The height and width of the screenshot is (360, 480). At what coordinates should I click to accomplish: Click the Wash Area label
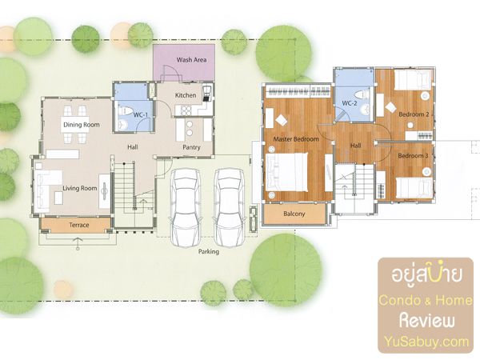pyautogui.click(x=192, y=60)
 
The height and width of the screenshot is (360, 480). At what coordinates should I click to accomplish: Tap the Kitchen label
pyautogui.click(x=186, y=95)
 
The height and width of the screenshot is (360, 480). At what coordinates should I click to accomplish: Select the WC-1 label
pyautogui.click(x=141, y=115)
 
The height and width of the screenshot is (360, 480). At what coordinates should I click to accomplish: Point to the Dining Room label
pyautogui.click(x=82, y=125)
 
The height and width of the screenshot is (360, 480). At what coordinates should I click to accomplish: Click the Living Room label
pyautogui.click(x=79, y=188)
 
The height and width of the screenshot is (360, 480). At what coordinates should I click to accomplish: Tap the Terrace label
pyautogui.click(x=79, y=225)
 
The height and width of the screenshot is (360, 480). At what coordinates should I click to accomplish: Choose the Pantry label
pyautogui.click(x=191, y=147)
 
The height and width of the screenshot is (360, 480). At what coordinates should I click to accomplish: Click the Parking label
pyautogui.click(x=209, y=252)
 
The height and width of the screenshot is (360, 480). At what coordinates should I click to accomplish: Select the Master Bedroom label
pyautogui.click(x=296, y=139)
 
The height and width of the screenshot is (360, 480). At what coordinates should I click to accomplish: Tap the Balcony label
pyautogui.click(x=294, y=214)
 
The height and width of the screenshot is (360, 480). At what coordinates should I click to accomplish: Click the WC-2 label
pyautogui.click(x=350, y=103)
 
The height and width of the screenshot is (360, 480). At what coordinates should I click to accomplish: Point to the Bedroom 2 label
pyautogui.click(x=414, y=114)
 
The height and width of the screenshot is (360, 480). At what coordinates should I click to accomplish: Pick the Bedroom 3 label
pyautogui.click(x=413, y=156)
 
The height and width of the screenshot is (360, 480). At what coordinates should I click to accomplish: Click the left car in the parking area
pyautogui.click(x=186, y=207)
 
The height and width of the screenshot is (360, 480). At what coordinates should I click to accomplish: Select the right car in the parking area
pyautogui.click(x=230, y=207)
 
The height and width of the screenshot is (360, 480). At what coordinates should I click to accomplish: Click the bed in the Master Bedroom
pyautogui.click(x=286, y=172)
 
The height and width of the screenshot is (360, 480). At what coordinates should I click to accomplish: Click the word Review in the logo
pyautogui.click(x=426, y=321)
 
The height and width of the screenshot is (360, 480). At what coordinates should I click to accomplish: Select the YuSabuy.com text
pyautogui.click(x=426, y=342)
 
